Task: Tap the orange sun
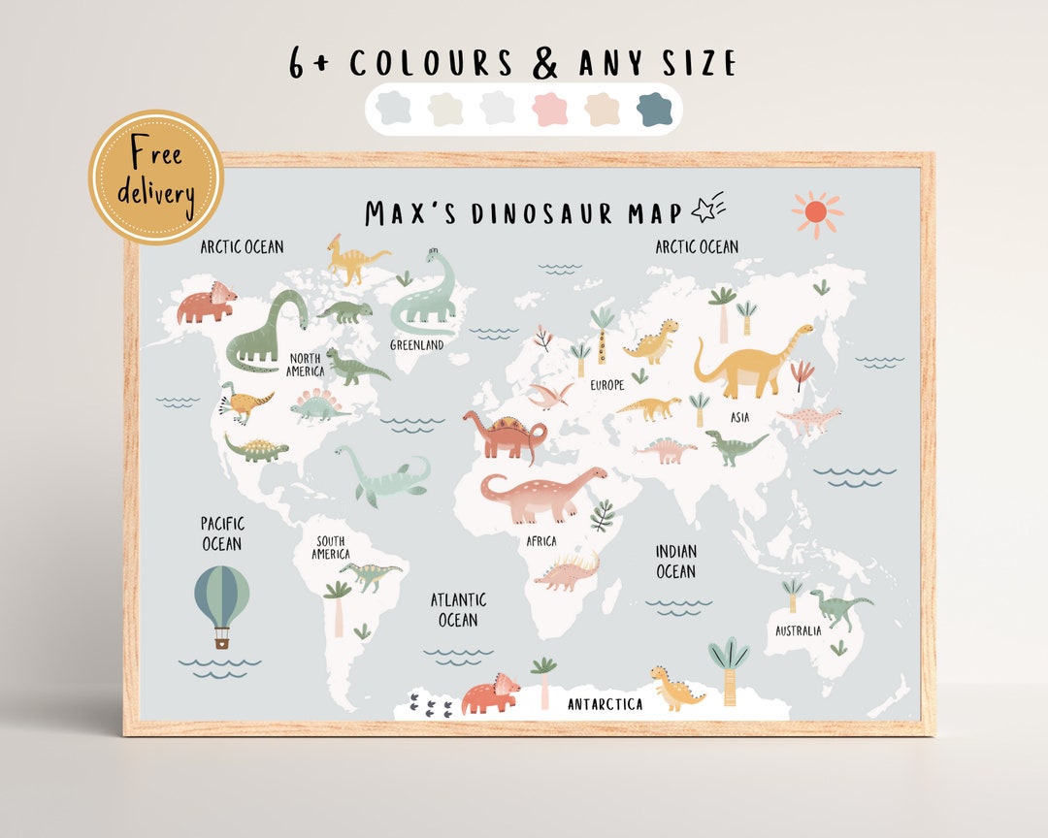(816, 212)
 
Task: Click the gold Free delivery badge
(156, 177)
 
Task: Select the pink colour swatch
(549, 109)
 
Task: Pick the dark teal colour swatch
(654, 109)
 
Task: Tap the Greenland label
(417, 344)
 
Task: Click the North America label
(305, 365)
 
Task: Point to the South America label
(331, 547)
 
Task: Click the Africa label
(541, 541)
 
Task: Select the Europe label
(607, 385)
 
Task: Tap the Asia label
(739, 418)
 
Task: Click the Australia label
(798, 630)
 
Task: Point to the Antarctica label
(605, 704)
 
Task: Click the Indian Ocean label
(675, 562)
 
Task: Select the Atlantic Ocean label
(459, 610)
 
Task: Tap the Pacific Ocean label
(221, 533)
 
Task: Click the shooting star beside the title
(708, 209)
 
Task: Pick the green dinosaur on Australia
(840, 607)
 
